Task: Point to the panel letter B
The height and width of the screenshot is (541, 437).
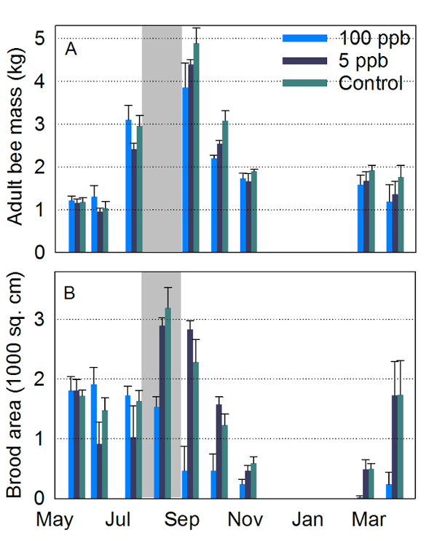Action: [x=71, y=294]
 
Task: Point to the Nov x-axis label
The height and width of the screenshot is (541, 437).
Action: [x=241, y=521]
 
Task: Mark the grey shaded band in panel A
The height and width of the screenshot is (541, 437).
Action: [x=162, y=138]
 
